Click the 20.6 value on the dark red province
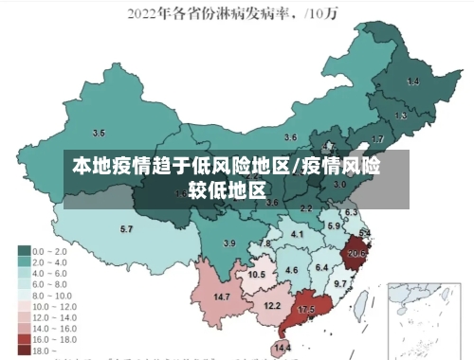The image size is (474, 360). point(356,253)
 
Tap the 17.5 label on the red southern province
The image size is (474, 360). point(305,310)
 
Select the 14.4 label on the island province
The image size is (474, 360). point(283,348)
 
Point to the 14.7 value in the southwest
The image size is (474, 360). point(222,297)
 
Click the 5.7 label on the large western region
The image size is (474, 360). point(126,229)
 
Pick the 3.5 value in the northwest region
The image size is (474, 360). point(99,133)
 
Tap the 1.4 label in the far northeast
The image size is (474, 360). point(412,82)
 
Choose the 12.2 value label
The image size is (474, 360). point(272,305)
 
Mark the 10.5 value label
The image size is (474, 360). point(256,274)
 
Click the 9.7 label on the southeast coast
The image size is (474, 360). point(339,283)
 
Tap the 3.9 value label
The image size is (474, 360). point(228,243)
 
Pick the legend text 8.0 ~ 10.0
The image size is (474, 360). point(52,295)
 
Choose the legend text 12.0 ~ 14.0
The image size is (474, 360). point(54,316)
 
